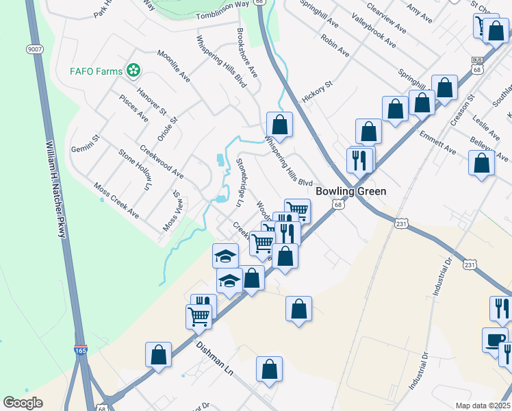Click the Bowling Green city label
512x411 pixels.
point(352,191)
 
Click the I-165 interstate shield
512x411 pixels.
point(81,351)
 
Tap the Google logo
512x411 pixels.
point(23,403)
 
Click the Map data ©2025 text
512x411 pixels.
point(483,406)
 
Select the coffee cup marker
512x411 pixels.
point(495,340)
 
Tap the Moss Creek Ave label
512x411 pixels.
point(116,201)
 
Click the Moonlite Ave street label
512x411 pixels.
point(173,66)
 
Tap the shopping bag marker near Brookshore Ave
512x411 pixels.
point(279,125)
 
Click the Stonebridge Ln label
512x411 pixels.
point(240,182)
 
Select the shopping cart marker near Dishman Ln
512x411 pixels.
point(199,316)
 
